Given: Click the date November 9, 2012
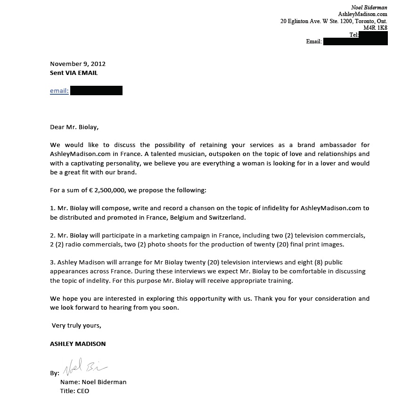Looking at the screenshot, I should [x=78, y=64].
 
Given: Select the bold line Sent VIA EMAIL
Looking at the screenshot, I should [x=74, y=73].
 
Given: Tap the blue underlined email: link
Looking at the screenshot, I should [x=59, y=90].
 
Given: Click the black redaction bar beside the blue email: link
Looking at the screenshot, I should [x=96, y=90].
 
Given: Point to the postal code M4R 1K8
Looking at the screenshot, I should [x=375, y=28].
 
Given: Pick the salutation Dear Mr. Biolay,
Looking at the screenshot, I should [x=74, y=126].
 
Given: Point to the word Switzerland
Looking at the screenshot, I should [x=227, y=217].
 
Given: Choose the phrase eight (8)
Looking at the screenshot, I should [x=318, y=262].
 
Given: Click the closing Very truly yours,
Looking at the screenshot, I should [x=76, y=325].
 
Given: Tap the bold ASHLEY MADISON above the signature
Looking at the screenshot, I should [x=78, y=344].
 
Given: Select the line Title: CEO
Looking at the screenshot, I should [x=74, y=391].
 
